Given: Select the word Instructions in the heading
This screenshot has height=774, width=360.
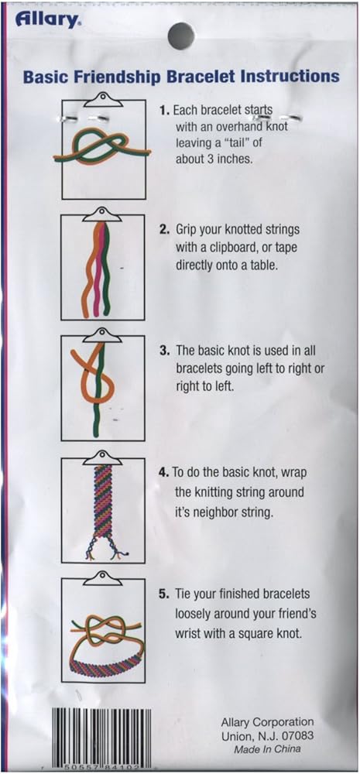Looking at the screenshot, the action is [286, 77].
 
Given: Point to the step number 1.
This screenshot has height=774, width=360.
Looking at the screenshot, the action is [164, 111].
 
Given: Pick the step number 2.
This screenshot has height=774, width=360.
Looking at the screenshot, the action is [165, 231].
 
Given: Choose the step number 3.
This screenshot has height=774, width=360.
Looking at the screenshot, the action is [164, 351].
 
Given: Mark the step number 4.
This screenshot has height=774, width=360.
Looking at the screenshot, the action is [164, 471].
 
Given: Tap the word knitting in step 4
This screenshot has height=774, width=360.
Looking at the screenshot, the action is [214, 492].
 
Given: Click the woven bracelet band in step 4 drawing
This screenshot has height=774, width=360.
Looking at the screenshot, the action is [102, 501].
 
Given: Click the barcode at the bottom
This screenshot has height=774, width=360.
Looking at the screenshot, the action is [103, 735].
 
